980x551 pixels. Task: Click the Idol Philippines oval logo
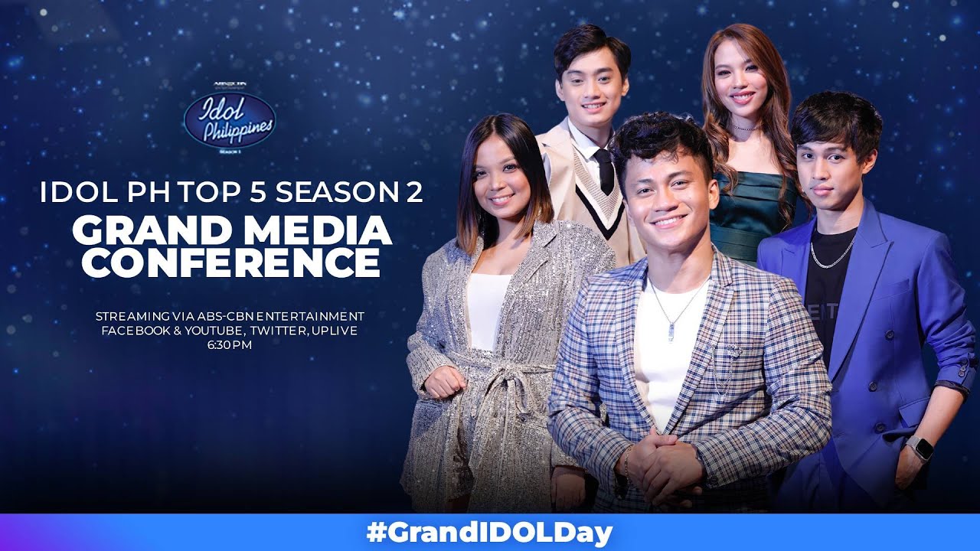229,121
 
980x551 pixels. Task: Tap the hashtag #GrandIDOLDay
490,532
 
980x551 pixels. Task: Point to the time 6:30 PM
230,345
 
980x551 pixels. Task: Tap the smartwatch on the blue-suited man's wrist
919,448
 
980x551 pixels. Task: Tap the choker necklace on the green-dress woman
742,127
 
